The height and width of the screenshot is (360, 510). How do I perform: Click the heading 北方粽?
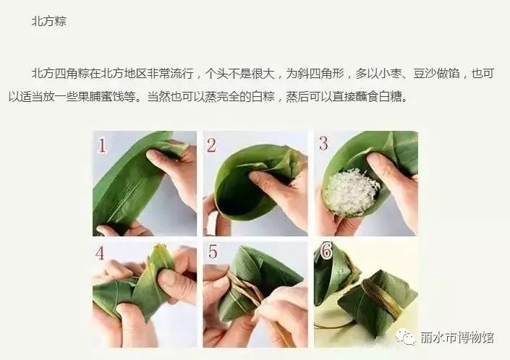(48, 22)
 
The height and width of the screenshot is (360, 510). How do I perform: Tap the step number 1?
(102, 145)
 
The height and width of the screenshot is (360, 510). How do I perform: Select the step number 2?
(211, 145)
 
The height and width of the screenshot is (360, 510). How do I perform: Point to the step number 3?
(323, 143)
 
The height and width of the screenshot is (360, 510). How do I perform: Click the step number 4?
(100, 253)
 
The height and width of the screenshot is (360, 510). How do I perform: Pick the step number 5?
(213, 252)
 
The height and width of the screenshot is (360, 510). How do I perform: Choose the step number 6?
(326, 251)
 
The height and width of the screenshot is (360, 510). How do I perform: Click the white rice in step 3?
(352, 192)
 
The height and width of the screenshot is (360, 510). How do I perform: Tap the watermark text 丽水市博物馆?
(456, 338)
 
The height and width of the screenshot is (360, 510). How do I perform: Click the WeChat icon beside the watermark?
(405, 337)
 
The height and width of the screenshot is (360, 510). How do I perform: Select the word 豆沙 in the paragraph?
(425, 74)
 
